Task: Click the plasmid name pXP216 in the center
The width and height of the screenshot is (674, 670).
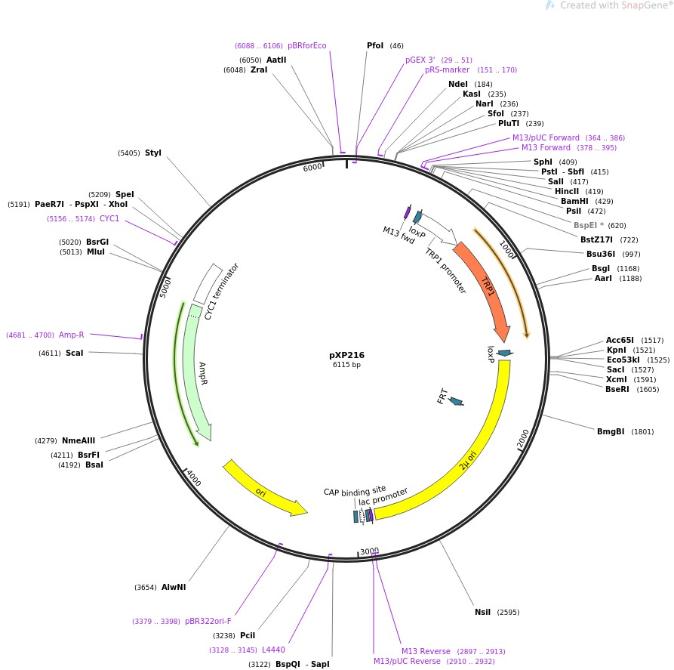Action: pyautogui.click(x=347, y=354)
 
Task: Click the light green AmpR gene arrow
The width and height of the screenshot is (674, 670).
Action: pyautogui.click(x=195, y=370)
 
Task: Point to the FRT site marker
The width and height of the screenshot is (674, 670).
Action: pyautogui.click(x=455, y=400)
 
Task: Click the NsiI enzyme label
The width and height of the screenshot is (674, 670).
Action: pyautogui.click(x=482, y=612)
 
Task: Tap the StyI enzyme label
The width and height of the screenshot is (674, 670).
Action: pyautogui.click(x=153, y=153)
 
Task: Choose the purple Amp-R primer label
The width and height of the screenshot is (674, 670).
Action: pyautogui.click(x=72, y=335)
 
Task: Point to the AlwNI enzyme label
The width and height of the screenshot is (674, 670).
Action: pyautogui.click(x=174, y=587)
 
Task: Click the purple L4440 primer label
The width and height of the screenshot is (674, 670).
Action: pyautogui.click(x=273, y=650)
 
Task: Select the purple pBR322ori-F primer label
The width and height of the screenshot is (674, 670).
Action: pyautogui.click(x=208, y=622)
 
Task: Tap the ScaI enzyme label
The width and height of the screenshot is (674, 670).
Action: pyautogui.click(x=74, y=353)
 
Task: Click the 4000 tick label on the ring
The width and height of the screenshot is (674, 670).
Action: pyautogui.click(x=194, y=478)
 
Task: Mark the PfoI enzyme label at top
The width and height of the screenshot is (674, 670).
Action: pyautogui.click(x=375, y=45)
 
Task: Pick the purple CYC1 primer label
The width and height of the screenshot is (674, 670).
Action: pyautogui.click(x=109, y=218)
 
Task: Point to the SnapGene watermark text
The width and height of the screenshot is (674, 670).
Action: pyautogui.click(x=612, y=6)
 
